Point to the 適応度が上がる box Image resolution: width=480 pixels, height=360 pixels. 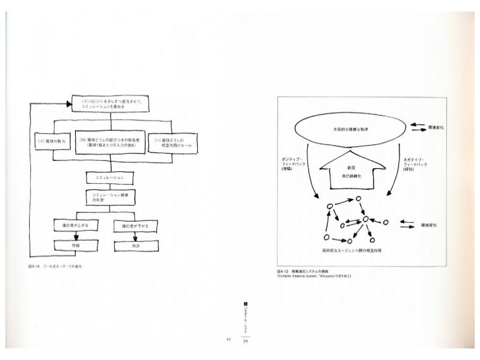pyautogui.click(x=75, y=226)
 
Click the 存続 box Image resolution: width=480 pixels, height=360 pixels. pyautogui.click(x=75, y=245)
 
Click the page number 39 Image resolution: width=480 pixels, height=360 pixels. pyautogui.click(x=245, y=342)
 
